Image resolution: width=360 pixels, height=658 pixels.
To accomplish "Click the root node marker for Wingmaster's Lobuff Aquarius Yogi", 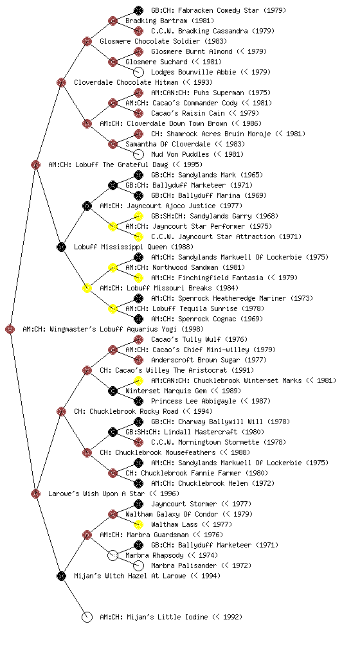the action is coord(10,330).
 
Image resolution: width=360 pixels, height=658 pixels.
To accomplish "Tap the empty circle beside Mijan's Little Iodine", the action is coord(87,617).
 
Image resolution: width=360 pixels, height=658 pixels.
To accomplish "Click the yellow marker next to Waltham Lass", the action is coord(138,524).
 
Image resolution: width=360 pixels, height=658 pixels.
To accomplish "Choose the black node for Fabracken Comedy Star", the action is coord(138,10).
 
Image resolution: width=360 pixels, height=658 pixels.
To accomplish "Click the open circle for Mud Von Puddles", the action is coord(138,154).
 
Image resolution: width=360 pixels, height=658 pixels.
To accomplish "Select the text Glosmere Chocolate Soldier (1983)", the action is coord(163,41).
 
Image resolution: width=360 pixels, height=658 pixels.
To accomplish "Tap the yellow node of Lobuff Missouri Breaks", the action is coord(87,288).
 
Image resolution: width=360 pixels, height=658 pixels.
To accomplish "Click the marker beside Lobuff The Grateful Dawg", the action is coord(35,164).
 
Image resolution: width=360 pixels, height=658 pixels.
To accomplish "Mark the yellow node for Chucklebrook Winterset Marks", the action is coord(138,380).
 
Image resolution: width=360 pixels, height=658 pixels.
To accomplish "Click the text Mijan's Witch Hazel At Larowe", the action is coord(130,576).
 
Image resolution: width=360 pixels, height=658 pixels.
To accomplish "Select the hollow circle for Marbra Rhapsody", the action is coord(113,555).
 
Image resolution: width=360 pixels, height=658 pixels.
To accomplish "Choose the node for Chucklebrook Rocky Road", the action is coord(61,411).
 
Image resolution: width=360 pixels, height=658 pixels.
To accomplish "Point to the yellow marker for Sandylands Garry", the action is coord(138,216).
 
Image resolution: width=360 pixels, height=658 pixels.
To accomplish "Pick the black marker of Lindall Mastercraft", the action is coord(113,432).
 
